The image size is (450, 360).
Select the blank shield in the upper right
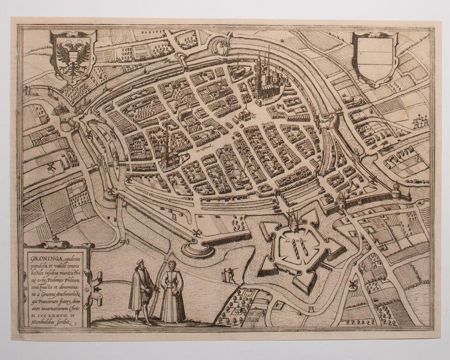[375, 57]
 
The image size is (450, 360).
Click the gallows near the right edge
[418, 121]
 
